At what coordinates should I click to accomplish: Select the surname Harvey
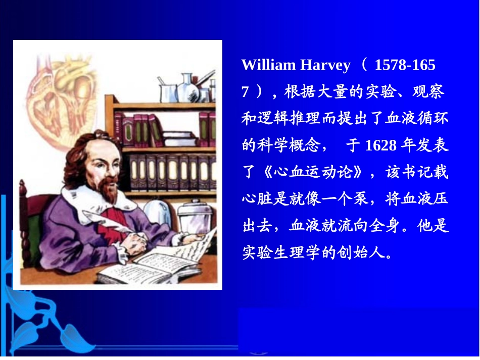[325, 66]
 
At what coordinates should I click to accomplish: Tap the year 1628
[380, 146]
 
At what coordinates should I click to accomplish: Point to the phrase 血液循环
[416, 119]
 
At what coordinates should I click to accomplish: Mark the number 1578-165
[405, 66]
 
